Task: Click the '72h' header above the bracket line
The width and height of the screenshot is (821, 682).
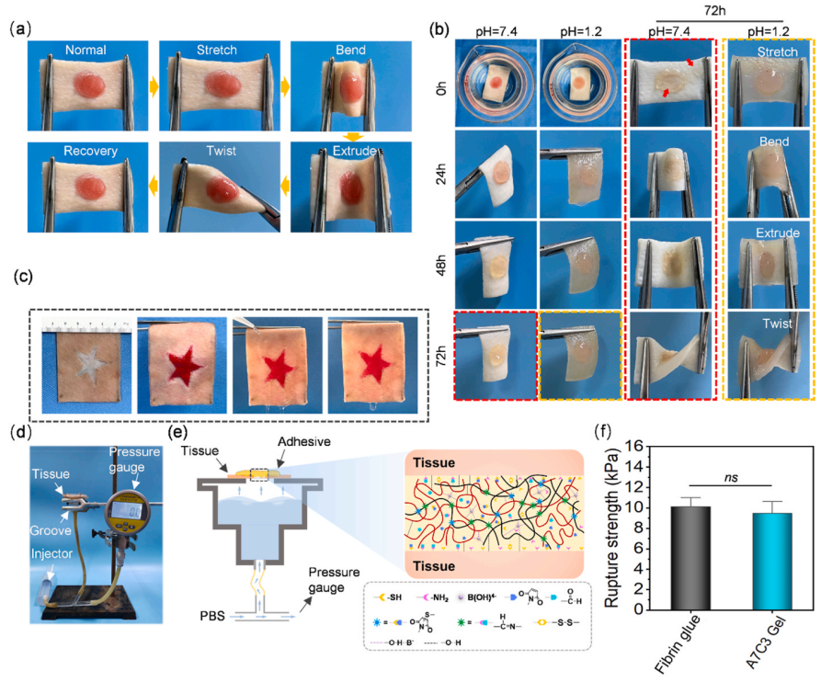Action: (716, 9)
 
